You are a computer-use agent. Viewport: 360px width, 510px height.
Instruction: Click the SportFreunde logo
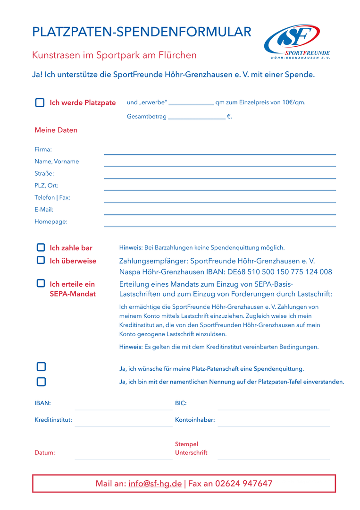tap(297, 42)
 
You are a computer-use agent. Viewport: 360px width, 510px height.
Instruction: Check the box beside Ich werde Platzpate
tap(40, 102)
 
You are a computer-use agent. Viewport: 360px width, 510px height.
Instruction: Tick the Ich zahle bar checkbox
tap(41, 247)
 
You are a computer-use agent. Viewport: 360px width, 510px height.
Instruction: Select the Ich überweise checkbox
tap(41, 260)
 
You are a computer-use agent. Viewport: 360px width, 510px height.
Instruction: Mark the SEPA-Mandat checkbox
tap(41, 283)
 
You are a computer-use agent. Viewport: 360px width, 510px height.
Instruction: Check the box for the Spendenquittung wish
tap(42, 367)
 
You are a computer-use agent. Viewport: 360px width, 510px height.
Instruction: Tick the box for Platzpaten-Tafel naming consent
tap(42, 382)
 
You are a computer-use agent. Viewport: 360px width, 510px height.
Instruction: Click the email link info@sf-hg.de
tap(155, 484)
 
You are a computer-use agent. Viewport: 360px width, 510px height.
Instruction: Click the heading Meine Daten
tap(56, 130)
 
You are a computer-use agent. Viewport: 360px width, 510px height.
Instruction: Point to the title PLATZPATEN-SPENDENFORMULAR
tap(142, 32)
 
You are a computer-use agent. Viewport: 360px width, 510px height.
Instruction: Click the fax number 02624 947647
tap(243, 484)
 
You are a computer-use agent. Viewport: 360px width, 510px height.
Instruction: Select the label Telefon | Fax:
tap(52, 197)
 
